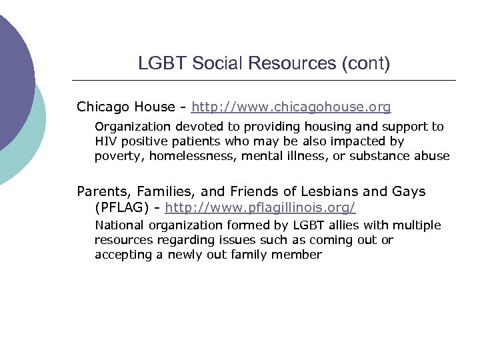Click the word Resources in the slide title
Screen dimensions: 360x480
tap(293, 64)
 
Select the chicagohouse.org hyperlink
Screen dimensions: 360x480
tap(291, 107)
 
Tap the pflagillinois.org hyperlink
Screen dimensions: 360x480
tap(261, 207)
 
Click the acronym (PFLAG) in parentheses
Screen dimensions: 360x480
tap(123, 207)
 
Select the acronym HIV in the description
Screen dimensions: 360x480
tap(105, 141)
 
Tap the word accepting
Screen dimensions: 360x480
tap(123, 255)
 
